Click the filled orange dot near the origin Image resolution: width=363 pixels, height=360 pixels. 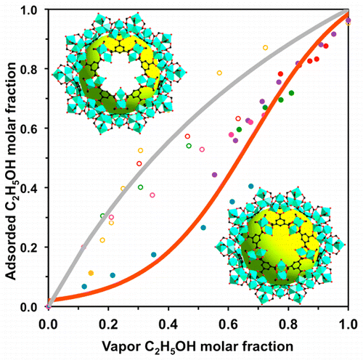[91, 273]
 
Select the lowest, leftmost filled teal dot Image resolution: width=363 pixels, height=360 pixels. [85, 287]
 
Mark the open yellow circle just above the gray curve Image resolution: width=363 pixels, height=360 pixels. [219, 73]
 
